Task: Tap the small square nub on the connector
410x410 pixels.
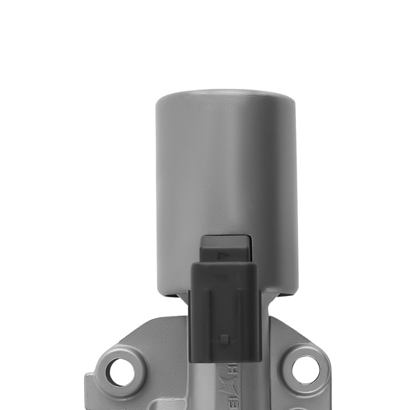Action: coord(223,338)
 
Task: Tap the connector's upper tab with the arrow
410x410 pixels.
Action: coord(225,249)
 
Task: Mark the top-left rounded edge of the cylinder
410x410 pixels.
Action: coord(161,102)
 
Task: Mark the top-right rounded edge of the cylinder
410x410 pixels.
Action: coord(290,102)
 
